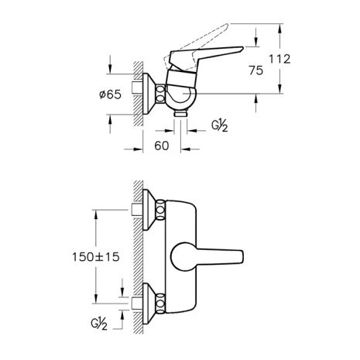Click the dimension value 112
(279, 59)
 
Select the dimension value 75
(256, 70)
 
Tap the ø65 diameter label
(110, 94)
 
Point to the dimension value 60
(162, 146)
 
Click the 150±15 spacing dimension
(96, 257)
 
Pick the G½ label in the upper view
(220, 126)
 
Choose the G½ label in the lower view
(99, 324)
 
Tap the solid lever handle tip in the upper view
(242, 48)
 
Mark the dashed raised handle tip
(227, 25)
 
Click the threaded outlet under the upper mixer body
(180, 113)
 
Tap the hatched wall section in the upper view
(139, 94)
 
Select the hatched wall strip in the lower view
(139, 257)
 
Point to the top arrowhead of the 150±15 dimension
(96, 214)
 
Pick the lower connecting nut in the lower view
(160, 303)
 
